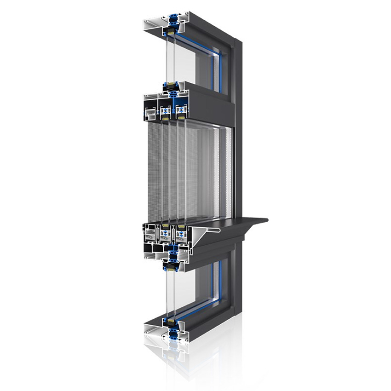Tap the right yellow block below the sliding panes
click(x=182, y=227)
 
